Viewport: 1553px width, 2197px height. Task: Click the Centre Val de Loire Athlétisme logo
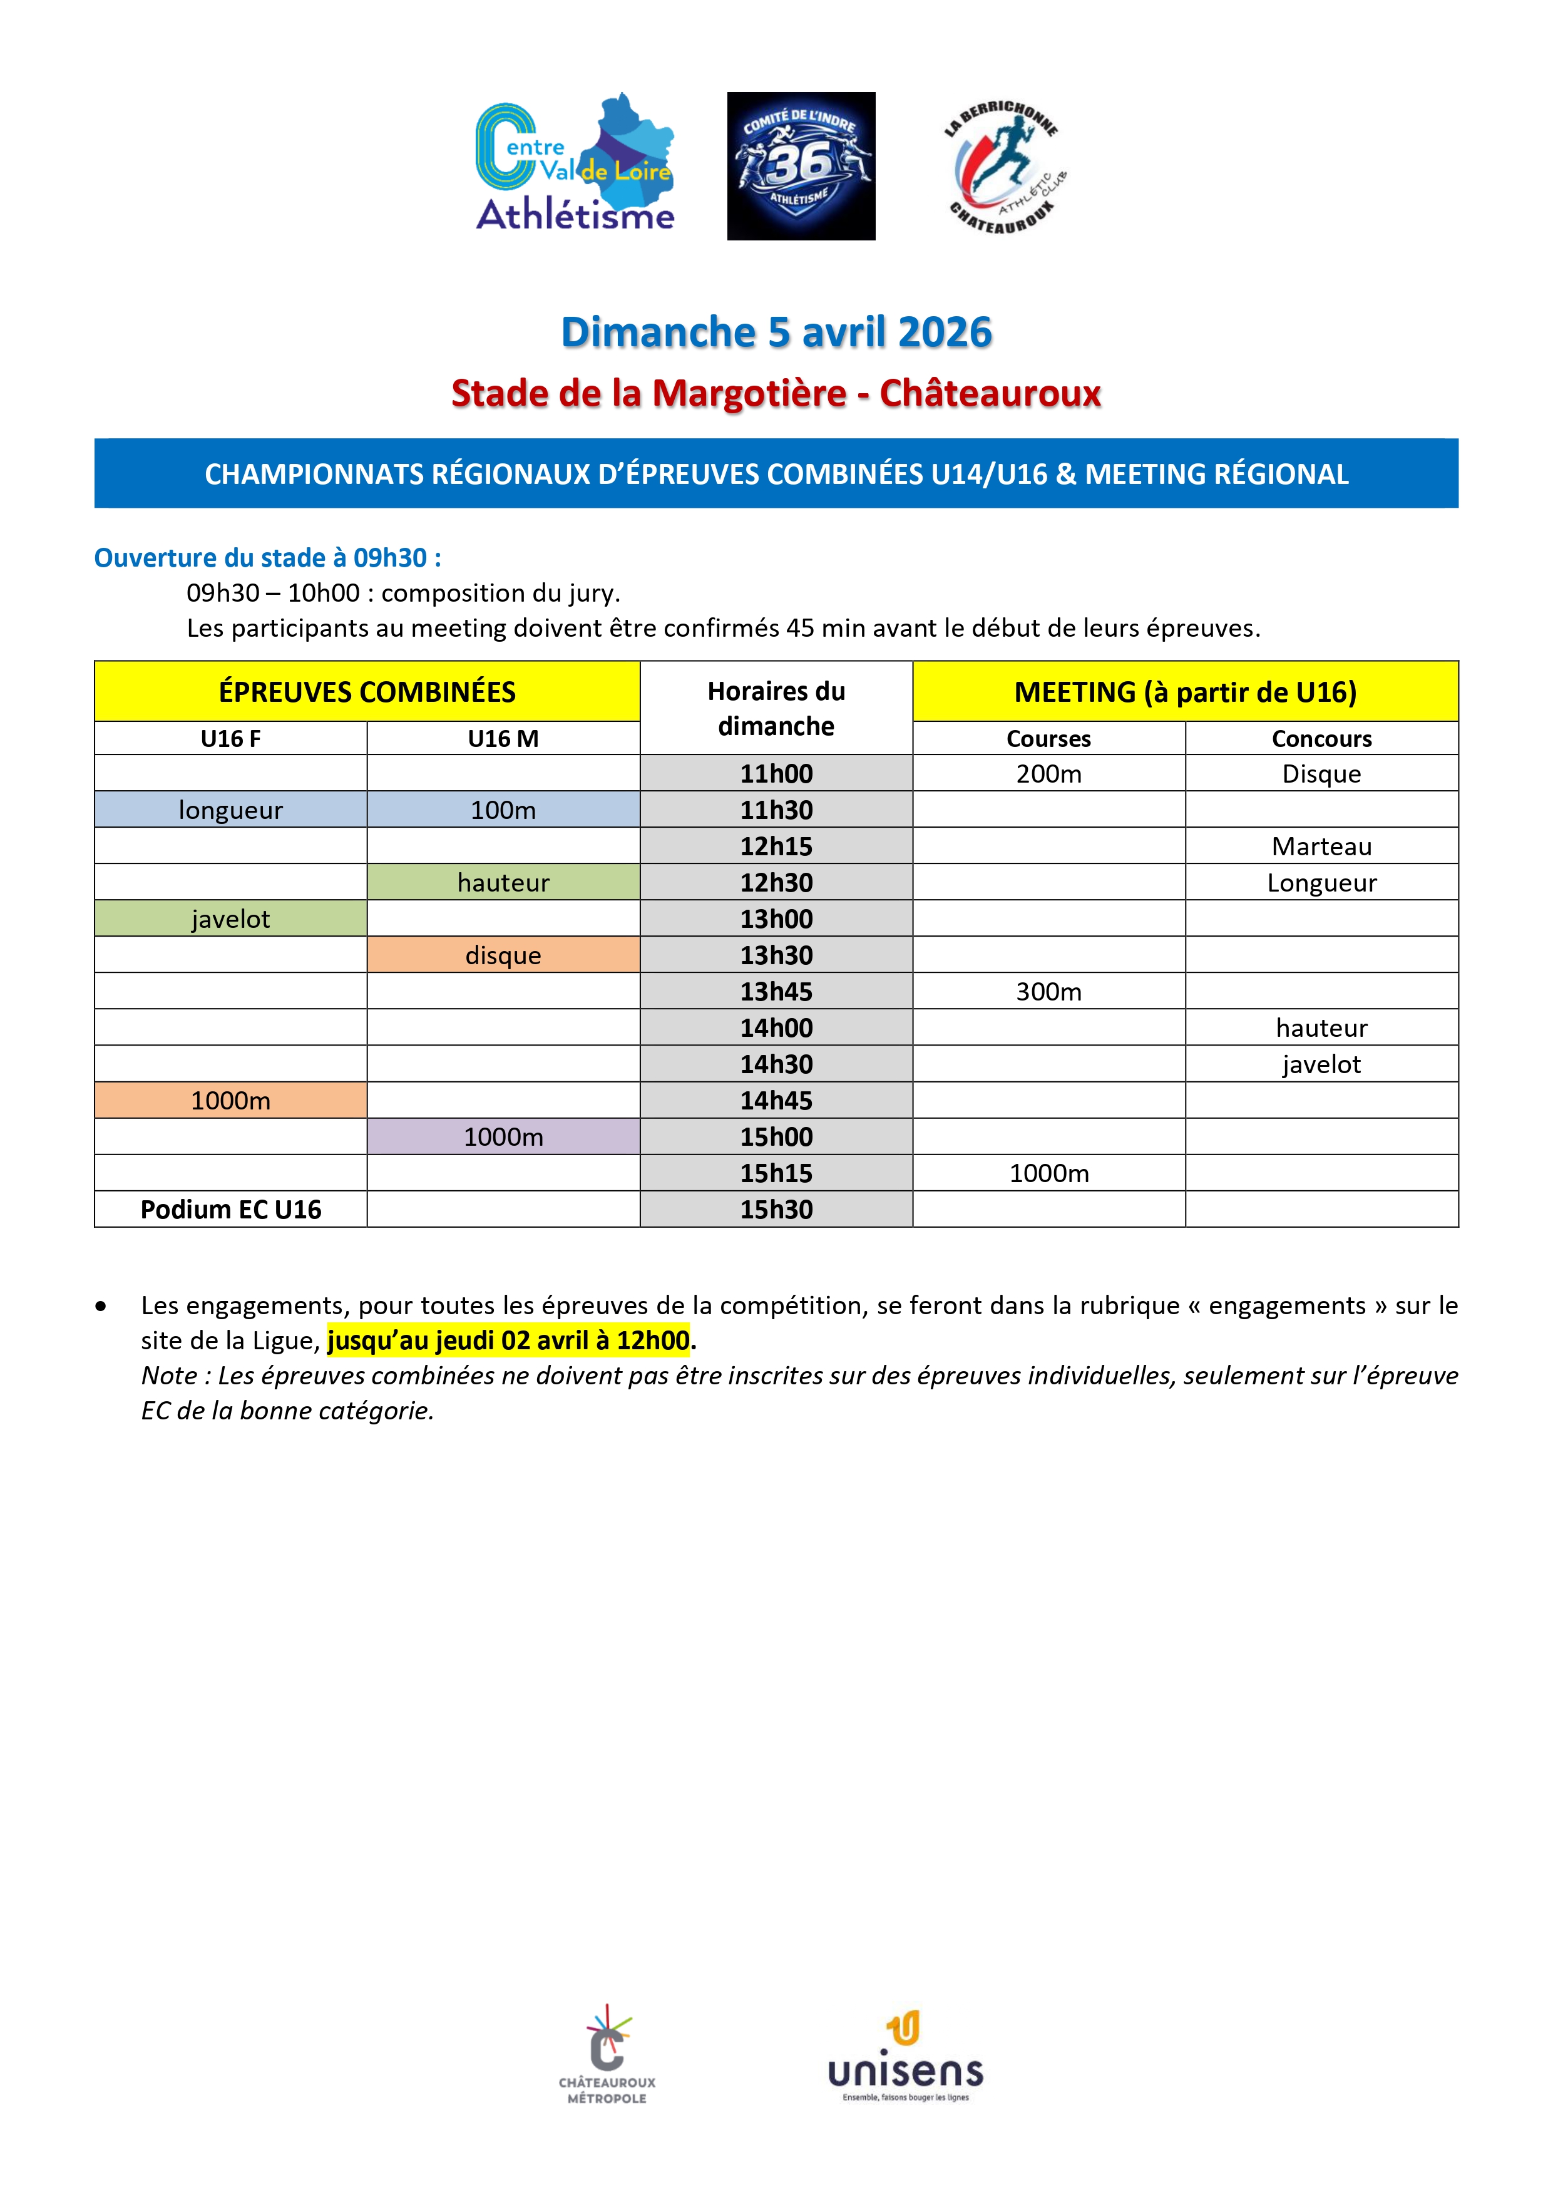pyautogui.click(x=575, y=165)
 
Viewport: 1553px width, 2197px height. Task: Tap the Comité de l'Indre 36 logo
pyautogui.click(x=801, y=165)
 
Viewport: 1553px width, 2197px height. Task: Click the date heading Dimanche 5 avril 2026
pyautogui.click(x=776, y=332)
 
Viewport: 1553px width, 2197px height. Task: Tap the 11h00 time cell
pyautogui.click(x=776, y=773)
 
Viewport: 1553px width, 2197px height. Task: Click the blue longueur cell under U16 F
pyautogui.click(x=230, y=810)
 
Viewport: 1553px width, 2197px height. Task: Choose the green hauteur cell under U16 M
pyautogui.click(x=503, y=882)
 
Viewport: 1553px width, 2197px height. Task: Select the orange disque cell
pyautogui.click(x=503, y=955)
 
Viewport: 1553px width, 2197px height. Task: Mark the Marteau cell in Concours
pyautogui.click(x=1321, y=846)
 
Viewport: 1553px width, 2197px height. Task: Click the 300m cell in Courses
pyautogui.click(x=1048, y=991)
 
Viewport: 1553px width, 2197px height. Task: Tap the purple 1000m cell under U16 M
pyautogui.click(x=503, y=1137)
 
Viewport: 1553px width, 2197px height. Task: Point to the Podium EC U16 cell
pyautogui.click(x=230, y=1210)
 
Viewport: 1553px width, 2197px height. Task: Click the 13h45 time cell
pyautogui.click(x=776, y=991)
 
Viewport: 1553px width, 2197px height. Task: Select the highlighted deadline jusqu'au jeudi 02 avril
pyautogui.click(x=508, y=1340)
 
